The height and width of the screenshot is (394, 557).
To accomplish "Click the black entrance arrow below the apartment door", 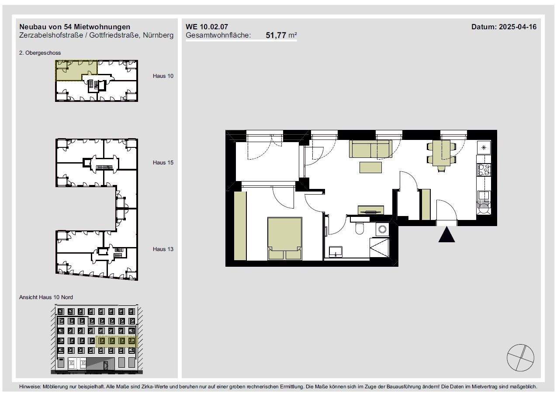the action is tap(447, 235).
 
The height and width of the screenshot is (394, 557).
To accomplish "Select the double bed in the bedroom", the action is tap(285, 239).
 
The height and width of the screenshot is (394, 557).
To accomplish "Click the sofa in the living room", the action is tap(370, 149).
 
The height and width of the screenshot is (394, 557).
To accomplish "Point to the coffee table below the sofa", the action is tap(370, 167).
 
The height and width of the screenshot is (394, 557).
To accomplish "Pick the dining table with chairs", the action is tap(441, 155).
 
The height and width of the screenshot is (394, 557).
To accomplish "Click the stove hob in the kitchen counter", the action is tap(484, 170).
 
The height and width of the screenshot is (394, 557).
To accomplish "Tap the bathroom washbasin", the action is tap(336, 251).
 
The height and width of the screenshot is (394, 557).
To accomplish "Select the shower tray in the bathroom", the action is tap(379, 248).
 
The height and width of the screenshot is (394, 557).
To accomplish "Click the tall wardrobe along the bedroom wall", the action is tap(240, 226).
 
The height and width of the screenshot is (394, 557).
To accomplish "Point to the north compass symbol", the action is tap(520, 358).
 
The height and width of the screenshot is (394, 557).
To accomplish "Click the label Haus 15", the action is tap(163, 163).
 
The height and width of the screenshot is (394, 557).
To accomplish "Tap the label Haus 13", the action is tap(163, 249).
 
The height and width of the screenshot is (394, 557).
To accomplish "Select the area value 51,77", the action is tap(276, 35).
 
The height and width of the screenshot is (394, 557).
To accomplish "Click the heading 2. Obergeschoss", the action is tap(40, 53).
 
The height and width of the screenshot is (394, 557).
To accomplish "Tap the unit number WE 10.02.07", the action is tap(207, 27).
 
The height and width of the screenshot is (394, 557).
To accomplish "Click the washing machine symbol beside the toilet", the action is tap(382, 229).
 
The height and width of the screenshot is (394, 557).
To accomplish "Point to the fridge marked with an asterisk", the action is tap(484, 148).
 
